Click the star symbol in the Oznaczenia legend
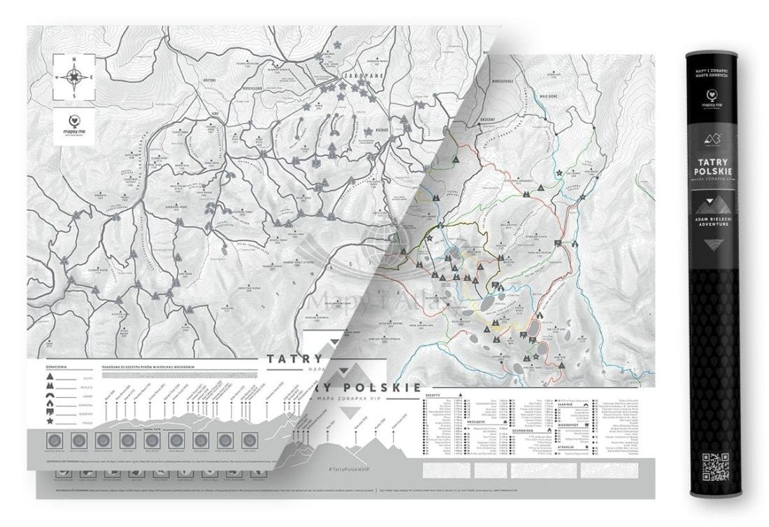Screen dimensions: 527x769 click(50, 421)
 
